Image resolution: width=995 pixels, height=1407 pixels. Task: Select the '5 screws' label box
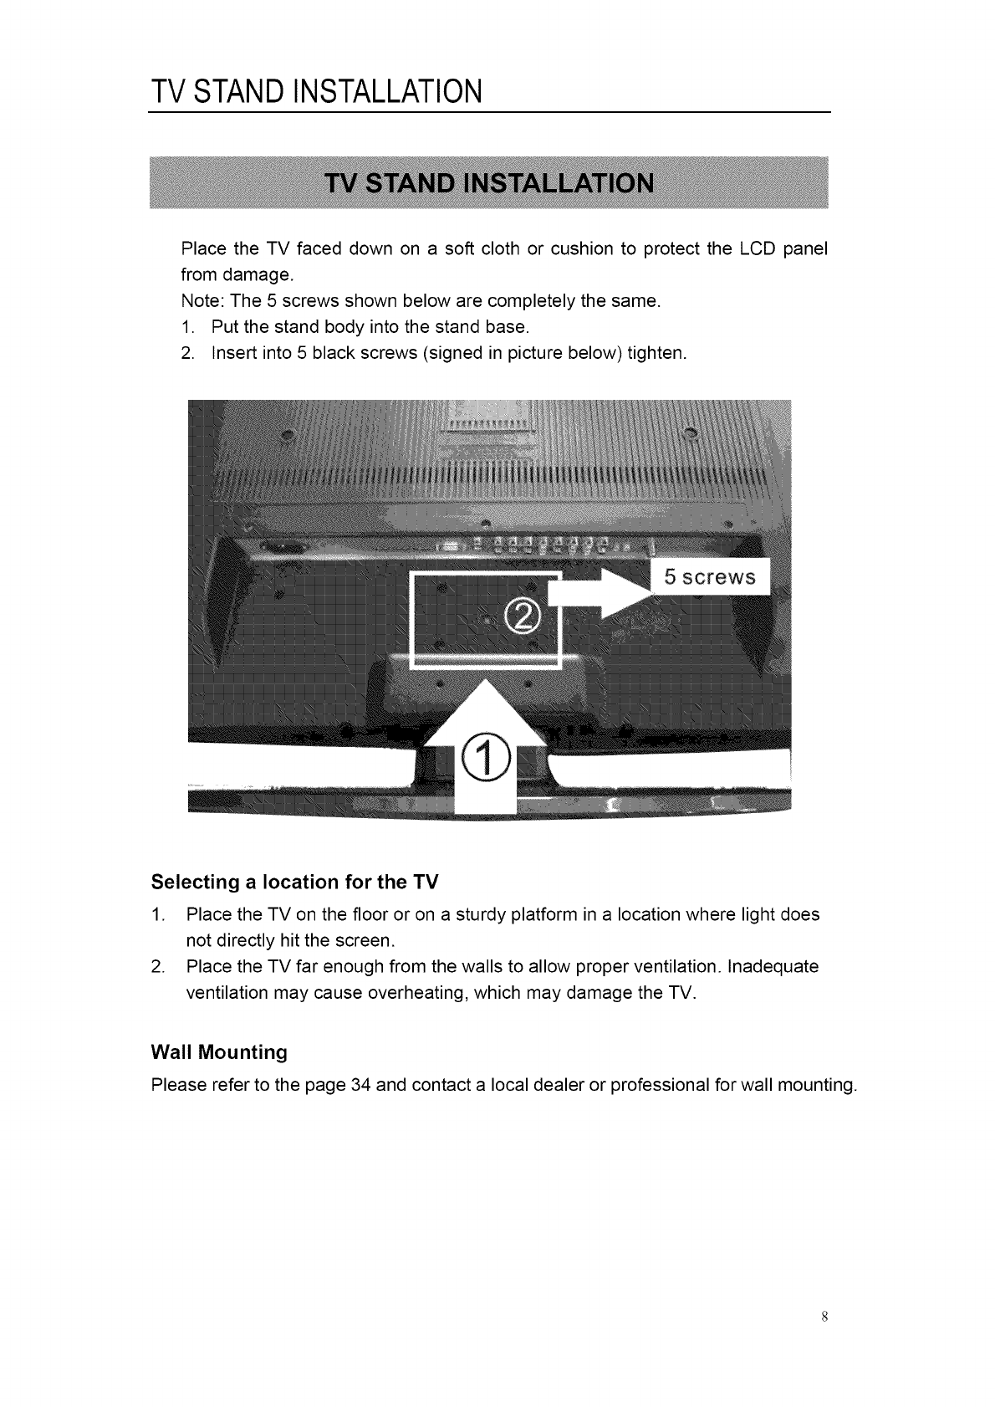709,577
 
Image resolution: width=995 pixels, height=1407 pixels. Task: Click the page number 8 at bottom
824,1316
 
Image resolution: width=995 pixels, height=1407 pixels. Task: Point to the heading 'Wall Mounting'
219,1051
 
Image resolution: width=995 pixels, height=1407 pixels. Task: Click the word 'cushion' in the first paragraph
582,249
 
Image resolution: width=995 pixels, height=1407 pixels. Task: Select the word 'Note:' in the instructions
202,301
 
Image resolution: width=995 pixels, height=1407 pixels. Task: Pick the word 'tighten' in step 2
656,353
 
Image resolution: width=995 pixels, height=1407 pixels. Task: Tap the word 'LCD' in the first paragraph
756,249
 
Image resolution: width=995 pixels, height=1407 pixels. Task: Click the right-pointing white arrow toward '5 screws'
603,595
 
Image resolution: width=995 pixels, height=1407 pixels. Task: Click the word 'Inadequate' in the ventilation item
773,967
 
